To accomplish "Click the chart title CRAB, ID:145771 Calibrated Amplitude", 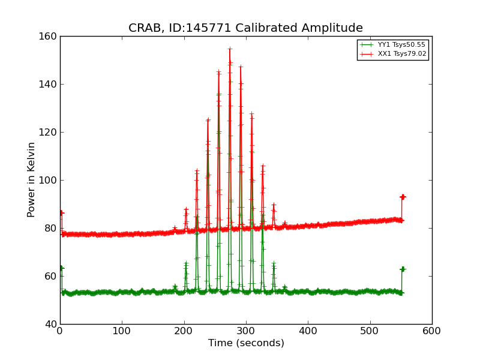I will [245, 28].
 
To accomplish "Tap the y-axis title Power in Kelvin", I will [31, 179].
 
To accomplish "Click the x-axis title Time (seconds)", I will [246, 343].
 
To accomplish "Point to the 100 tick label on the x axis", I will [122, 330].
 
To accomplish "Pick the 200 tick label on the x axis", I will [184, 330].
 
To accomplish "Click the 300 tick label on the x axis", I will [246, 330].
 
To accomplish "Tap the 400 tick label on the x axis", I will [308, 330].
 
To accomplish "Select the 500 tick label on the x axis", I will [370, 330].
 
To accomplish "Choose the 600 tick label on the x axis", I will [432, 330].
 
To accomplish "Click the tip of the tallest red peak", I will [230, 49].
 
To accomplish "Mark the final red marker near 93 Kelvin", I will [403, 197].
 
